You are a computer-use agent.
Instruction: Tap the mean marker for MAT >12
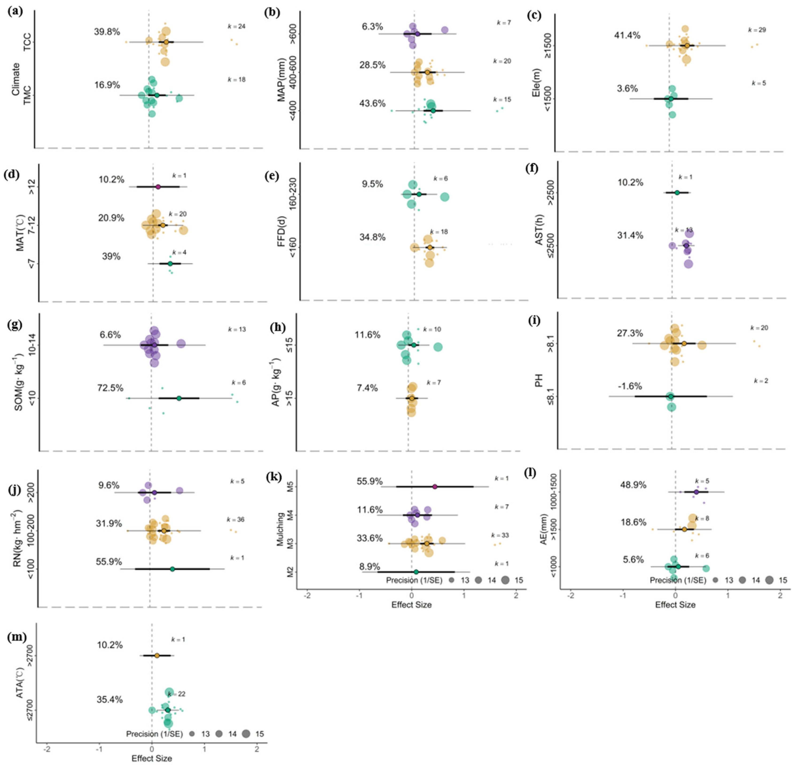tap(158, 187)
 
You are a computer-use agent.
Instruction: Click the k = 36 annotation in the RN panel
tap(235, 520)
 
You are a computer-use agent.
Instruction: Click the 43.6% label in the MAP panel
tap(372, 104)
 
